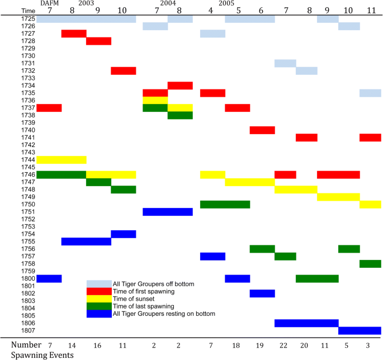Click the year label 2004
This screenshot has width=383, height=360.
[167, 3]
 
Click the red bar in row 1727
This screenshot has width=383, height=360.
[74, 34]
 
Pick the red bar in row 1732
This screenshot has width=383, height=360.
[124, 70]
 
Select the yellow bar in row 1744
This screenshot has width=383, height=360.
[62, 160]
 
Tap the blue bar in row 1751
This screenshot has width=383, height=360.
[168, 211]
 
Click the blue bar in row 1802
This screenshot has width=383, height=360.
[262, 293]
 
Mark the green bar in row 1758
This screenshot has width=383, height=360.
[370, 263]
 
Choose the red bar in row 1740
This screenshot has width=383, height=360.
[262, 130]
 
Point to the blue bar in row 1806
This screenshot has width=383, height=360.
[306, 323]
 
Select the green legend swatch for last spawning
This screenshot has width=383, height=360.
[98, 306]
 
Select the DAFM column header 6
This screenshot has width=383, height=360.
[262, 11]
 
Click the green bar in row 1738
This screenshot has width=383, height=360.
[180, 115]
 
